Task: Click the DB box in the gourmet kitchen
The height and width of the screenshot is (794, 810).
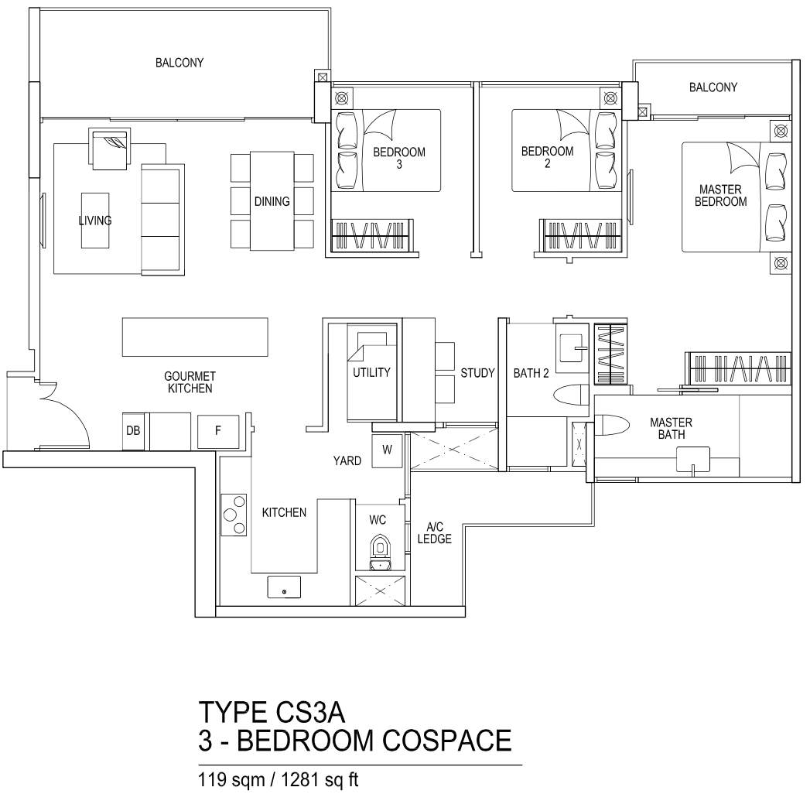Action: tap(133, 431)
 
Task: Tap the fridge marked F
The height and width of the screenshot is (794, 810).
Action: tap(218, 431)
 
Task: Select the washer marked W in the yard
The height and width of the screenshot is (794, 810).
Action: tap(387, 451)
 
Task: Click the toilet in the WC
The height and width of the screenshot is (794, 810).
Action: tap(381, 553)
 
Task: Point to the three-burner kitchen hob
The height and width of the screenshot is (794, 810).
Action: tap(234, 515)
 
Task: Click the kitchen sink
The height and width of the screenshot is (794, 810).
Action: tap(284, 587)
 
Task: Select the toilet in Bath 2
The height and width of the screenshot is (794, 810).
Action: tap(572, 396)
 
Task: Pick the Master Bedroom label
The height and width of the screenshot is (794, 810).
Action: tap(720, 195)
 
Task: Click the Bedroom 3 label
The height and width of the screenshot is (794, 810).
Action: tap(399, 158)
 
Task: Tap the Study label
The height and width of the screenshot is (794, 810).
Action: tap(477, 373)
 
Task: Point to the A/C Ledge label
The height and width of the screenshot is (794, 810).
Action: tap(435, 533)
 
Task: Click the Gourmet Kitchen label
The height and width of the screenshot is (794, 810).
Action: tap(190, 382)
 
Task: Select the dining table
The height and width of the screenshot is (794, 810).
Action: tap(272, 201)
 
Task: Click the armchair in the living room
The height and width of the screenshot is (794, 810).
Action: tap(110, 150)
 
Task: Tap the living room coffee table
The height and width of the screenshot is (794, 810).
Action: tap(95, 221)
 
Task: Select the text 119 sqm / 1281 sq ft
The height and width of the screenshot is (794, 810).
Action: tap(279, 780)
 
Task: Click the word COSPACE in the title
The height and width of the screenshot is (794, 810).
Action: tap(447, 741)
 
